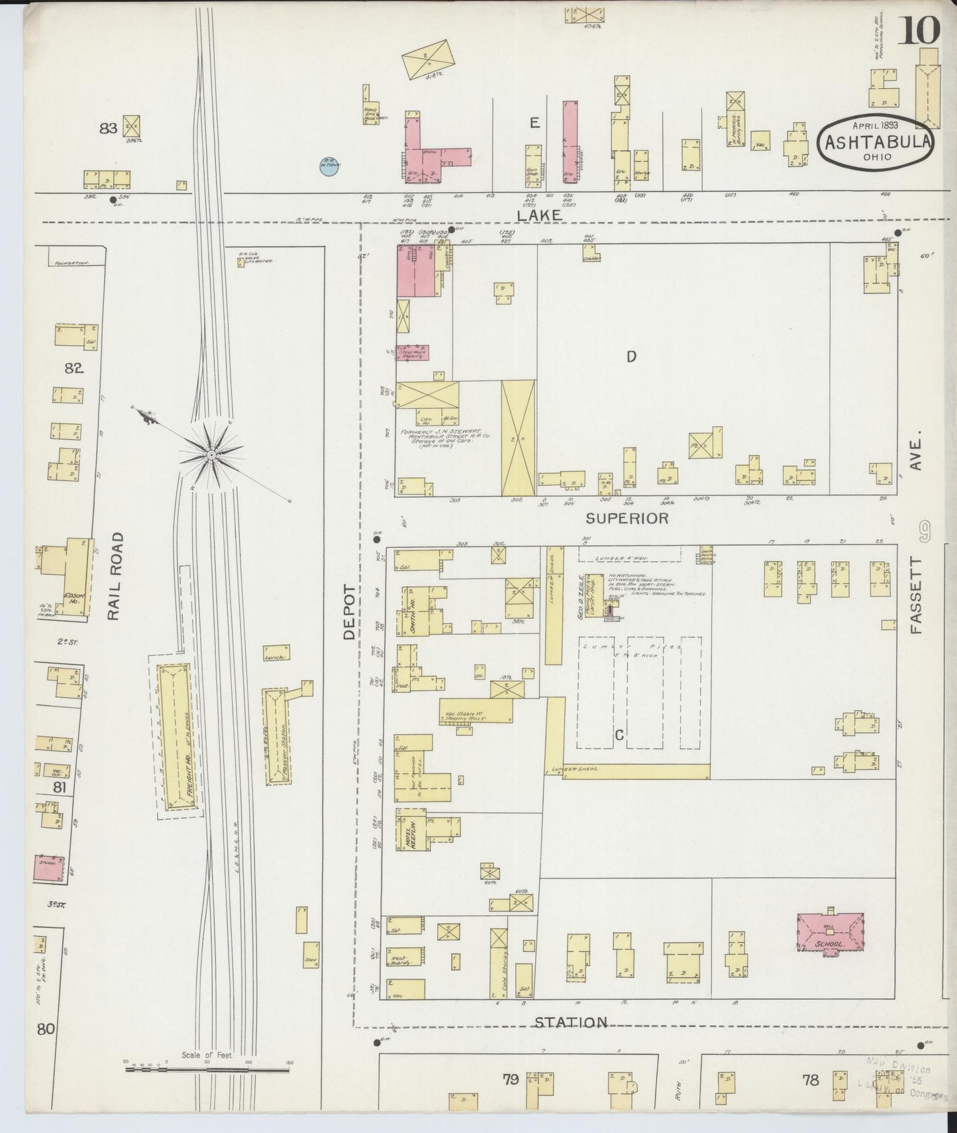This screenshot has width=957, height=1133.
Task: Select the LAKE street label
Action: [539, 215]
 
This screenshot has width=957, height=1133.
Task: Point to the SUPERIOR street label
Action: [627, 518]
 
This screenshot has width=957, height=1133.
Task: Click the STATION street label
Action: [570, 1041]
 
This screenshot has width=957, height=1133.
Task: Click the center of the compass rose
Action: [211, 455]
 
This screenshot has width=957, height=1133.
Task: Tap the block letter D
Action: [631, 357]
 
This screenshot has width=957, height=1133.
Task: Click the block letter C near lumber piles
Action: [619, 735]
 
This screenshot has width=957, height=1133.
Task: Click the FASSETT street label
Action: [916, 596]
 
